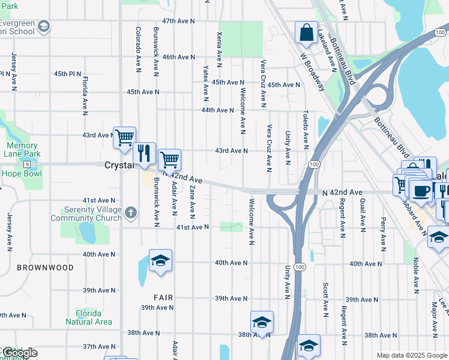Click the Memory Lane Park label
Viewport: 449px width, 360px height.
tap(22, 149)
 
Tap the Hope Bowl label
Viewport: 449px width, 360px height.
tap(22, 173)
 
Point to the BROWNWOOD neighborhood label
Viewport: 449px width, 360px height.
tap(46, 268)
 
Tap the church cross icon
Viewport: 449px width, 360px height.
tap(131, 212)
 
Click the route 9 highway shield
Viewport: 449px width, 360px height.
tap(27, 164)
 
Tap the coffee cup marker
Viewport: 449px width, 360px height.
tap(421, 191)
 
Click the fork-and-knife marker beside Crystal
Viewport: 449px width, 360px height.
tap(143, 153)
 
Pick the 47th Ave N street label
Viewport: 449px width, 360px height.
tap(178, 21)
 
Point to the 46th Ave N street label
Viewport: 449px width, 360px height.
tap(178, 57)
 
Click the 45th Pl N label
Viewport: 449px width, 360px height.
tap(67, 74)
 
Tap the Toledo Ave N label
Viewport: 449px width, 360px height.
tap(306, 130)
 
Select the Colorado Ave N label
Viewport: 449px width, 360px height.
tap(138, 49)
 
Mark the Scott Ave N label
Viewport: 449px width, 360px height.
tap(325, 299)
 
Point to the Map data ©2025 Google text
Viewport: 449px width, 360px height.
tap(412, 355)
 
